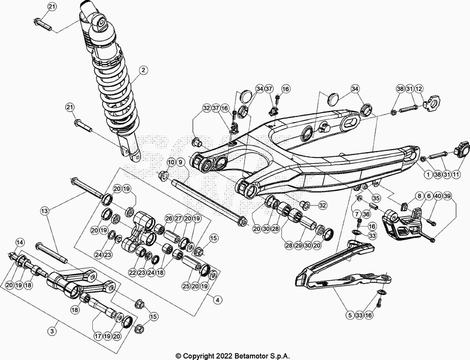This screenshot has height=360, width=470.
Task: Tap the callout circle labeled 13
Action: pos(45,210)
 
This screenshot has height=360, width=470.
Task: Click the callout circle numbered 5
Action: pos(349,315)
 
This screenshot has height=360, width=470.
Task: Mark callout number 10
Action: pos(171,162)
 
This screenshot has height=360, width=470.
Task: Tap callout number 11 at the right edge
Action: pos(456,174)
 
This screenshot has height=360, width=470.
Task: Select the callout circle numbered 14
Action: pos(19,242)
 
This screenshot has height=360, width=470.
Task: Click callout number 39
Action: pos(447,196)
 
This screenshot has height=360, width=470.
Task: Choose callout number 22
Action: pos(132,273)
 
